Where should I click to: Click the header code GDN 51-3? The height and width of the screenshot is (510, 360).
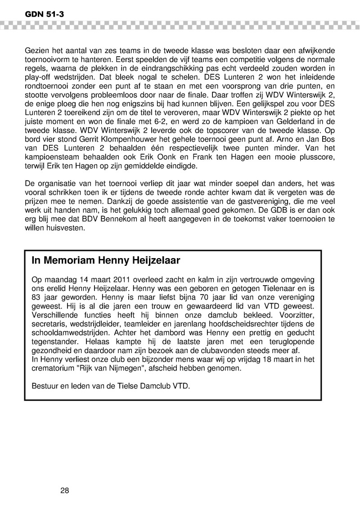click(x=39, y=14)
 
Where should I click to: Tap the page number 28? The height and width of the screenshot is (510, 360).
click(x=64, y=490)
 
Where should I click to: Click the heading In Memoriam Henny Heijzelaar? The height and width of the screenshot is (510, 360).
click(x=106, y=260)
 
